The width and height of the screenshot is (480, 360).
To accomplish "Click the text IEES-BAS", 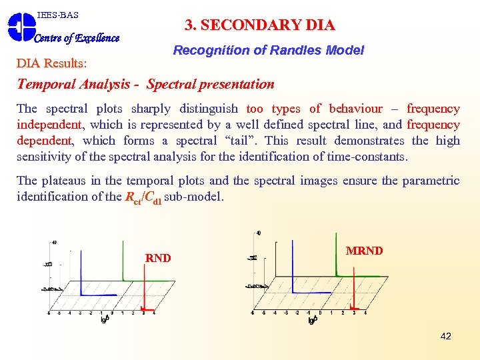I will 58,15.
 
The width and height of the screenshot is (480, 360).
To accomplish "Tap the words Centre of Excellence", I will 77,38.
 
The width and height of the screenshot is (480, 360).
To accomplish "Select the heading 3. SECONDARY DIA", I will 259,25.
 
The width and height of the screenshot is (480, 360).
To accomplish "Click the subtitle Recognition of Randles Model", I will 268,50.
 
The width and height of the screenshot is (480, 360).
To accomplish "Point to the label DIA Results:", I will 51,63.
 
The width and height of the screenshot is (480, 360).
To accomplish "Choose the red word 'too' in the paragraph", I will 255,109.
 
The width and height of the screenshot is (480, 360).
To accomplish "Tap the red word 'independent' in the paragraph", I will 49,125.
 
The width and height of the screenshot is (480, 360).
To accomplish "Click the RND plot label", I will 158,259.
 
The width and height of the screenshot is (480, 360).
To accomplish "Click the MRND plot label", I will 364,251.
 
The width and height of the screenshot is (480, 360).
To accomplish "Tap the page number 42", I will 446,336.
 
